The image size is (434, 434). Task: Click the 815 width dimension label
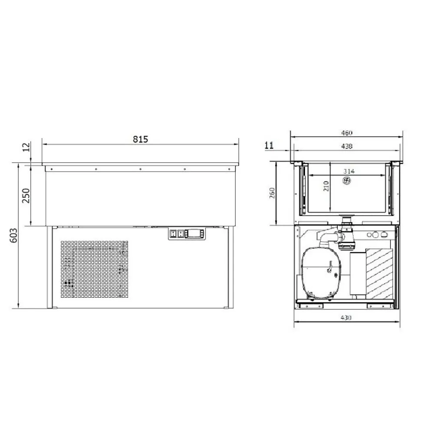pos(141,139)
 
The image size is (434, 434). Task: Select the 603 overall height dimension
pos(14,236)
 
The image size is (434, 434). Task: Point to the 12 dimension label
pos(27,148)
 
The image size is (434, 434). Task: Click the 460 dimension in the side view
pos(346,132)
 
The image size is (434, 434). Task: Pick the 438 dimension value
pos(346,146)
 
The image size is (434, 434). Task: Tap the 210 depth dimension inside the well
pos(326,186)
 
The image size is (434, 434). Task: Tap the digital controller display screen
pos(194,234)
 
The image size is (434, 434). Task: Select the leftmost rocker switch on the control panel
pos(173,234)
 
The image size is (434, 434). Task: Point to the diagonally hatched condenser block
pos(381,271)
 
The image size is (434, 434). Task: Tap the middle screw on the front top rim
pos(140,169)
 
